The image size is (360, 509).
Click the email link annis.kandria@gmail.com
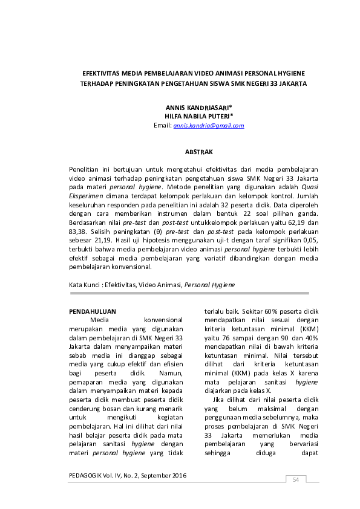coord(208,126)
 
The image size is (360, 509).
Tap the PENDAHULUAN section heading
coord(93,311)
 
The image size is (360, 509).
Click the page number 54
coord(296,479)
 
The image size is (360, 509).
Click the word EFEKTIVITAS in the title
coord(102,71)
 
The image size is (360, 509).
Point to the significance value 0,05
coord(309,241)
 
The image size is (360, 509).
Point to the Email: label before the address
coord(163,126)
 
